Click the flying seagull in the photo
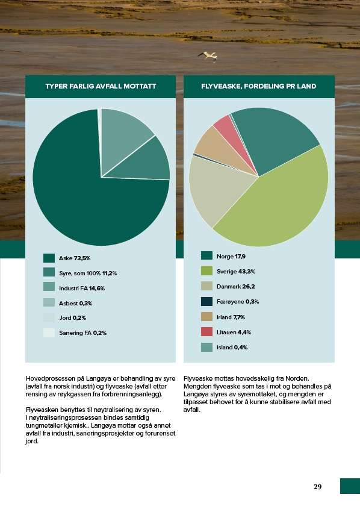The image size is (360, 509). click(x=208, y=56)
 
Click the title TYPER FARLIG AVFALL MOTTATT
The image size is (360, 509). click(x=101, y=86)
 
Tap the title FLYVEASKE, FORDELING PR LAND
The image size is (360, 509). click(x=258, y=86)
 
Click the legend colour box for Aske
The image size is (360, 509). click(x=49, y=258)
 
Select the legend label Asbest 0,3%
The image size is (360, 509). click(x=76, y=303)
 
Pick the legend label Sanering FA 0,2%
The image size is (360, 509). click(x=82, y=333)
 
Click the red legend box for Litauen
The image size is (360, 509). click(x=206, y=332)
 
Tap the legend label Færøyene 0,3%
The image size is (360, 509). click(x=238, y=302)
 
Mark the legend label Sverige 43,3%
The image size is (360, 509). click(x=236, y=272)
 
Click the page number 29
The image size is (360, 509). click(x=317, y=487)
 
